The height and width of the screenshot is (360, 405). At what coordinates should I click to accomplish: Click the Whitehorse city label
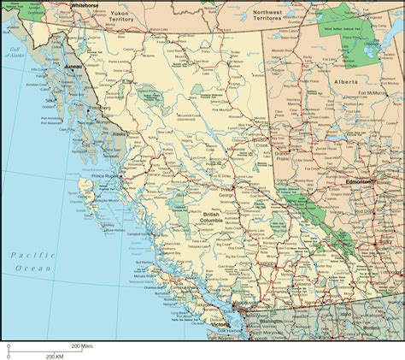(85, 5)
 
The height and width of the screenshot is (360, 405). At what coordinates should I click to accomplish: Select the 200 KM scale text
(56, 355)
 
